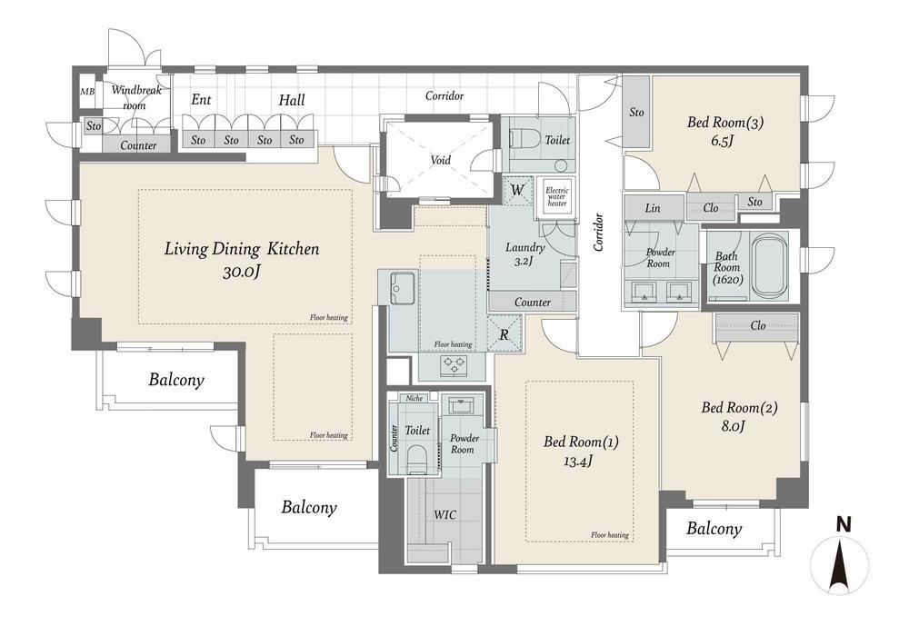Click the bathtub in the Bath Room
pos(770,266)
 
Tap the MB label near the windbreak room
pos(87,92)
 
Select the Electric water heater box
pos(556,196)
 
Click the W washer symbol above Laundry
pos(517,190)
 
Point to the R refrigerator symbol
pos(504,334)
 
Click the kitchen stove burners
pos(453,365)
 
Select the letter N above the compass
pos(844,525)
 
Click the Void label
pos(440,160)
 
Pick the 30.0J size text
pos(241,271)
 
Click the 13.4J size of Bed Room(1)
pos(579,462)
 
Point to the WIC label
pos(445,515)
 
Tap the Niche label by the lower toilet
pos(414,398)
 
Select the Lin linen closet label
pos(652,208)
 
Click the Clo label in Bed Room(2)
pos(758,325)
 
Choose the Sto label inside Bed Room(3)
pos(636,113)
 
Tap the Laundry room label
pos(524,248)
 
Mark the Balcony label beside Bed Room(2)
pos(714,529)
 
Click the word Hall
pos(291,100)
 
